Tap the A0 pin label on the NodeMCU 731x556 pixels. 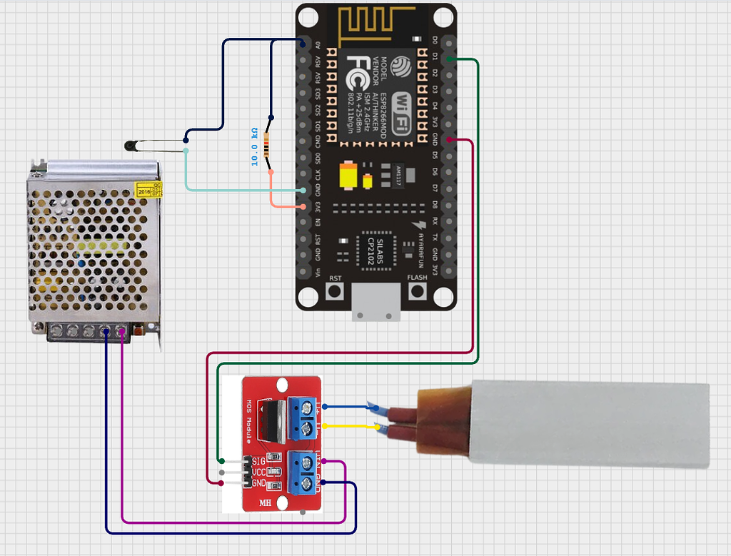pos(318,44)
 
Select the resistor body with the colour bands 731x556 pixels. pos(268,144)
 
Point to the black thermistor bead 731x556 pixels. pos(129,146)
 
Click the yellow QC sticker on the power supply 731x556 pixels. pos(148,190)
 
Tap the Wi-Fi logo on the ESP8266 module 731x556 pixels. pos(401,111)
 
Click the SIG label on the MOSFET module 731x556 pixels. pos(258,461)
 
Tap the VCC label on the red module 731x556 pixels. pos(258,472)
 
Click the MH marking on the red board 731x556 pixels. pos(265,502)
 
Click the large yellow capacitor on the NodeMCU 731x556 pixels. pos(348,176)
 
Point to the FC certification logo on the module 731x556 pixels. pos(356,74)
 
